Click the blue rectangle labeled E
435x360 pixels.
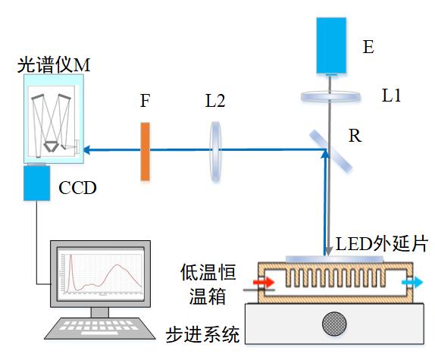[x=331, y=45]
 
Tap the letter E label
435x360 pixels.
[x=368, y=46]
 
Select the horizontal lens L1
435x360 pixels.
[x=330, y=97]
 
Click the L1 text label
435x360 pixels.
[x=392, y=95]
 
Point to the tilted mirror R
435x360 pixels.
[x=330, y=152]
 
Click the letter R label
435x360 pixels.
[x=355, y=136]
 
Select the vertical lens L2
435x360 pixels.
[x=215, y=152]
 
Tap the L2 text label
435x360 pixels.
[x=215, y=100]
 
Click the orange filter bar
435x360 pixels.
[x=145, y=152]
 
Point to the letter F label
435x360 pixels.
[x=145, y=100]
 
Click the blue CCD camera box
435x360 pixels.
[x=36, y=183]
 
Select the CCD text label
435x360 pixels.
[x=77, y=188]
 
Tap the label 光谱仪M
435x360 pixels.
[x=54, y=65]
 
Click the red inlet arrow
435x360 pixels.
[x=264, y=283]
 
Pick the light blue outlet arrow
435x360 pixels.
[x=412, y=283]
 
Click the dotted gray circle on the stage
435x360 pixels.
[x=334, y=324]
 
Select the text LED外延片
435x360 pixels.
[x=382, y=244]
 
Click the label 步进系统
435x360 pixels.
[x=203, y=334]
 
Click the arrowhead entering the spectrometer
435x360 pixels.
[x=86, y=150]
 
